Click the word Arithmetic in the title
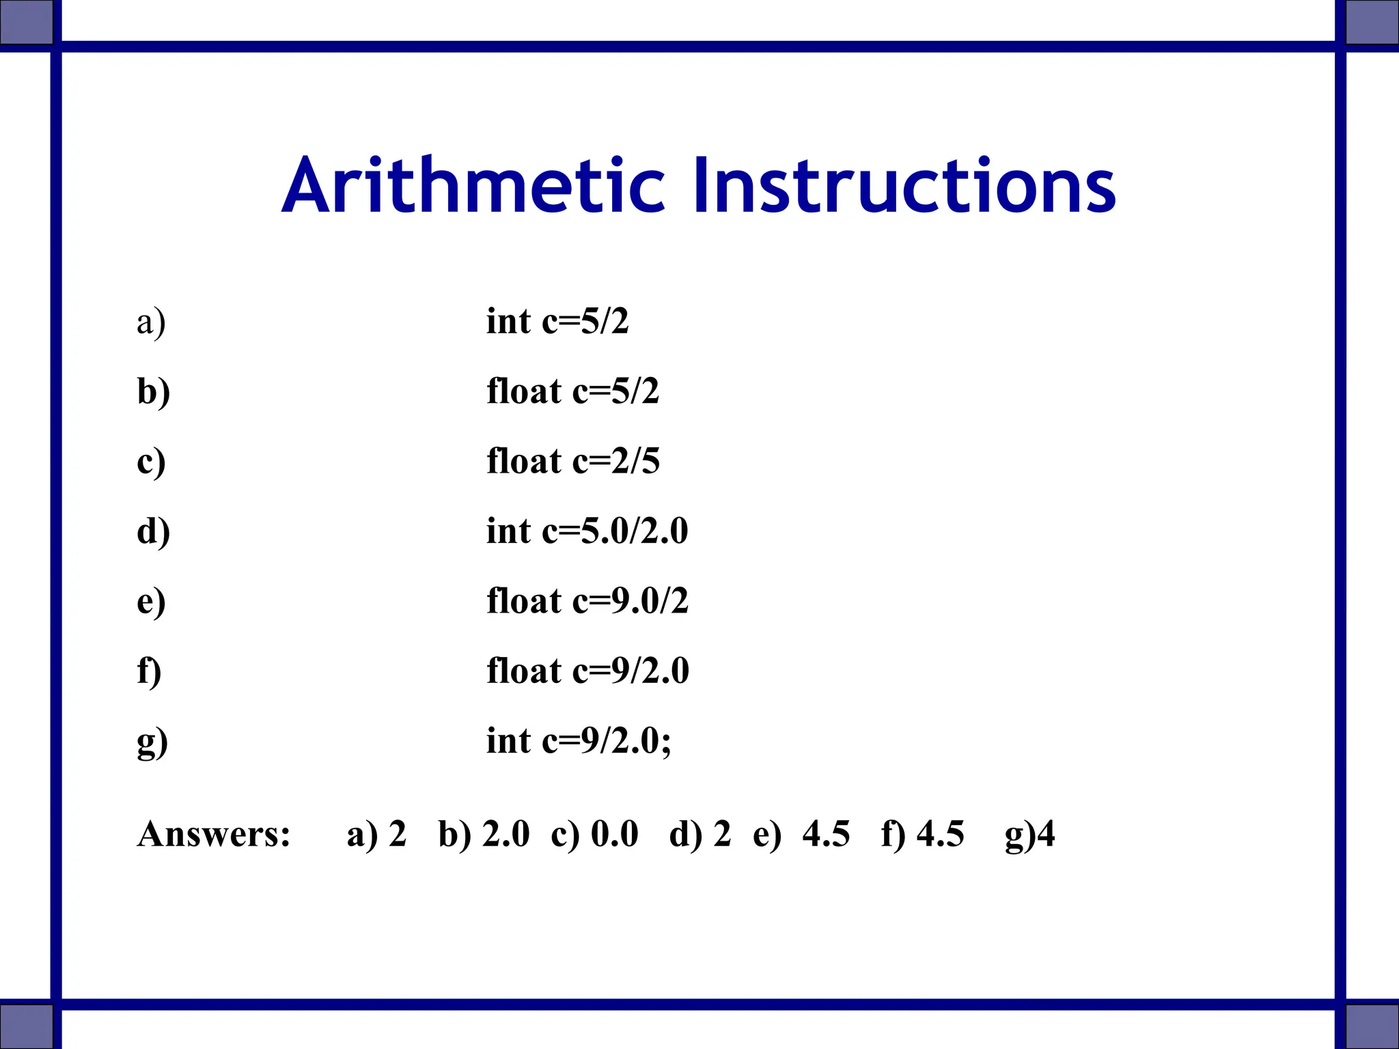coord(473,186)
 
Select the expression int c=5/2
coord(557,321)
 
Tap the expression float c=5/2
coord(572,391)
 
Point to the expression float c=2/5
coord(572,461)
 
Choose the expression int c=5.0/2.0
coord(587,531)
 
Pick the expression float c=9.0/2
coord(587,601)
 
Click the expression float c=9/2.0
coord(587,671)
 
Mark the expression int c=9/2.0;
coord(579,740)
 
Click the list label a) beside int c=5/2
coord(151,322)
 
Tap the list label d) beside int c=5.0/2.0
coord(153,531)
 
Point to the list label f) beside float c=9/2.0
coord(149,671)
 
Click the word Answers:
coord(214,834)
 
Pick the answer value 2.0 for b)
coord(505,834)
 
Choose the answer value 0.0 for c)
coord(614,834)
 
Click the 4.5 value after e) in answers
coord(826,834)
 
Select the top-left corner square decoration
coord(26,22)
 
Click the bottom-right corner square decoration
coord(1372,1026)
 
